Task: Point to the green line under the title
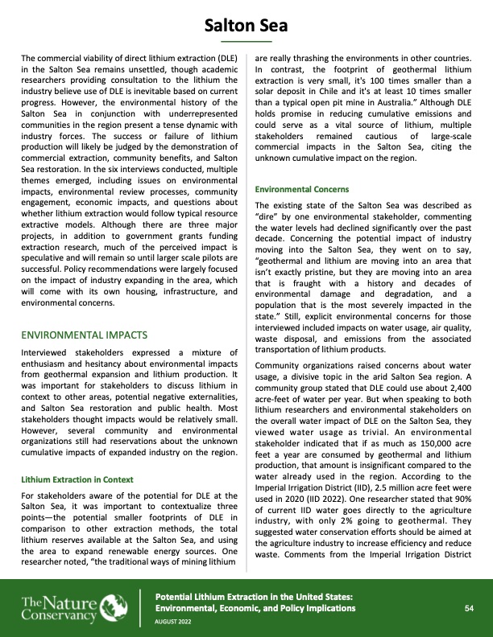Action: tap(246, 40)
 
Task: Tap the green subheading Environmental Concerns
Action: tap(302, 189)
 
